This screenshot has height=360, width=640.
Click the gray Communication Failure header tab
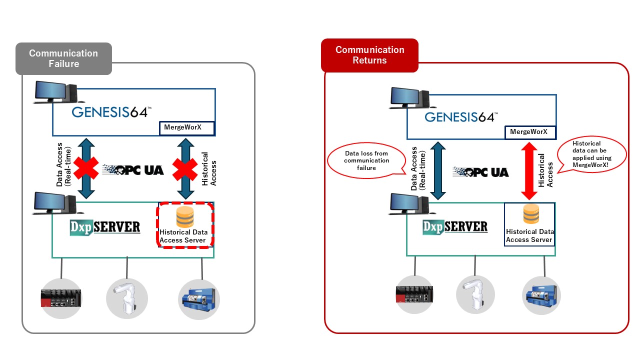coord(63,58)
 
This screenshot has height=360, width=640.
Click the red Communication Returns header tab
coord(369,55)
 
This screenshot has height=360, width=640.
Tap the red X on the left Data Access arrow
coord(86,168)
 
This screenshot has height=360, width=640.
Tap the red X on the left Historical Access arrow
coord(185,168)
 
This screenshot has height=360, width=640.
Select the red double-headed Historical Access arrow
coord(529,170)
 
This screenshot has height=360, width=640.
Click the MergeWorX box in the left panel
coord(186,128)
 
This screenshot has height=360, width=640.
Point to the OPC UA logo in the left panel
coord(133,169)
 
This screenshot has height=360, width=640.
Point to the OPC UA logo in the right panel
coord(480,172)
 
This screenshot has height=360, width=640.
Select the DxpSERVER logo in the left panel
coord(105,227)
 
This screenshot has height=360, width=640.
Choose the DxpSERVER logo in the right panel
coord(454,227)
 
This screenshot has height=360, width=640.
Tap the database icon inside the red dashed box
coord(184,217)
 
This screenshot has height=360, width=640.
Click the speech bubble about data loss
coord(366,161)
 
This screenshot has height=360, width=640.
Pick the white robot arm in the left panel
coord(127,298)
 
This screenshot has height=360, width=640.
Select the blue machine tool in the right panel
coord(541,295)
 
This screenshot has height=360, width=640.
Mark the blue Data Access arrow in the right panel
coord(436,170)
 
